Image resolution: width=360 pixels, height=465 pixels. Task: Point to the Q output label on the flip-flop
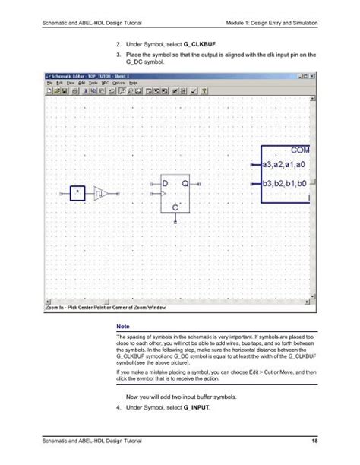point(185,185)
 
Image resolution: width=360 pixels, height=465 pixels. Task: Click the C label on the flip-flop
point(175,207)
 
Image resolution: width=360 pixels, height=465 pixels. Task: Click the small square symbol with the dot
point(77,195)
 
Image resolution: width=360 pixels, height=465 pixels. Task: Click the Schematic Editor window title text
point(84,76)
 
